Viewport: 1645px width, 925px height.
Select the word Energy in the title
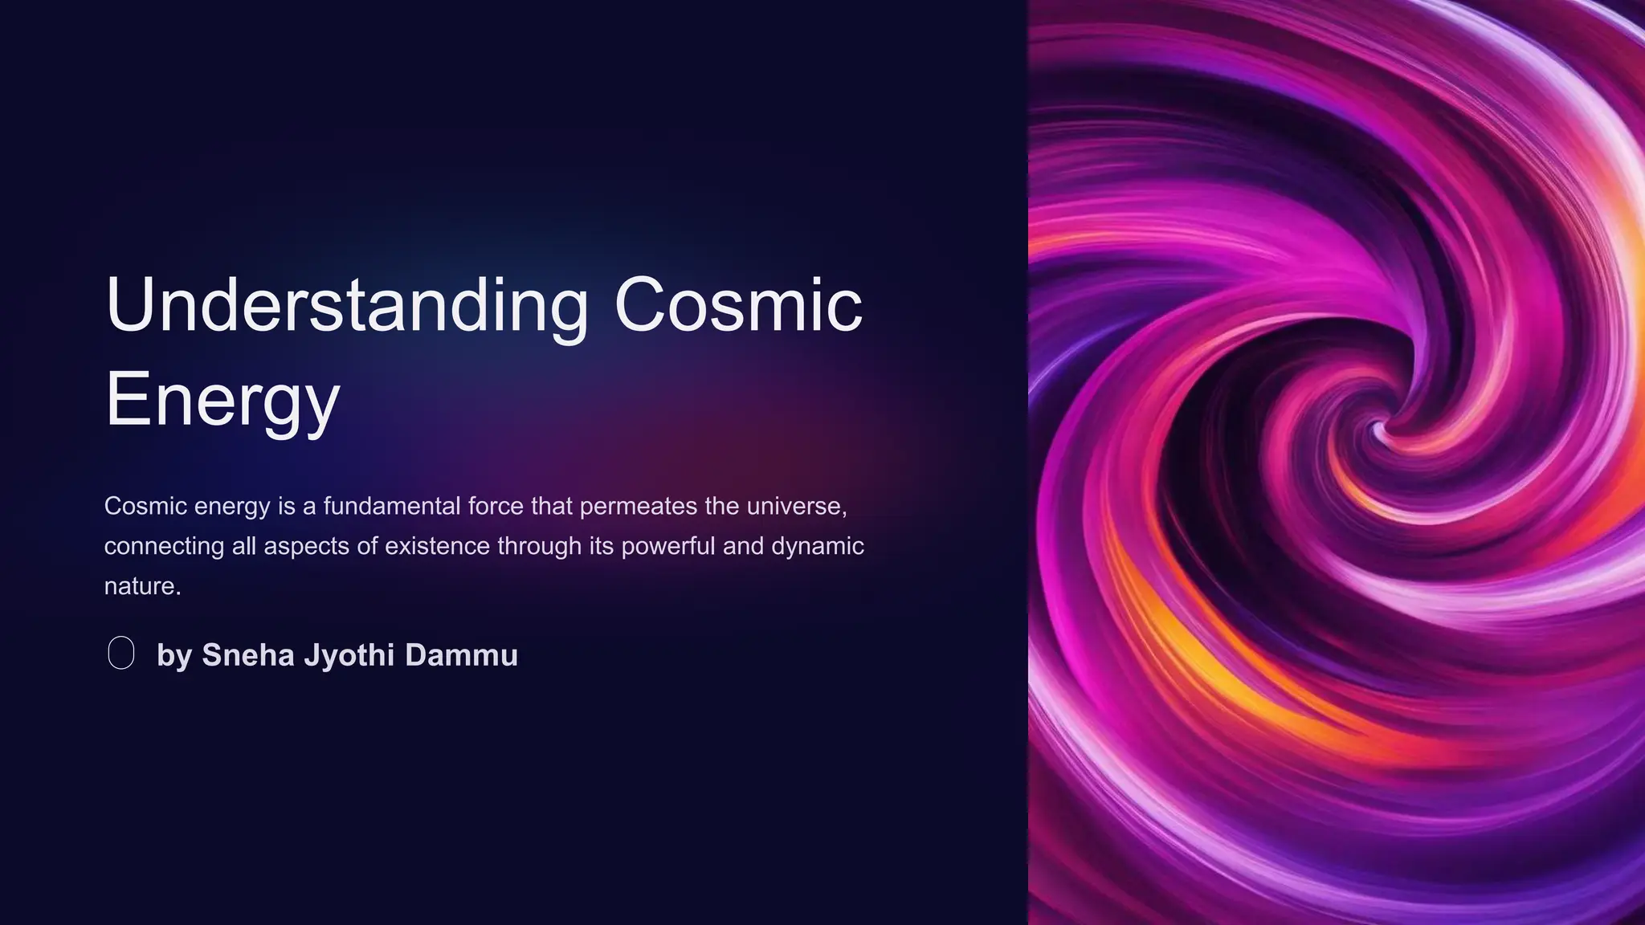[222, 401]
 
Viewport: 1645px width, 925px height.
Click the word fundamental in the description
[392, 506]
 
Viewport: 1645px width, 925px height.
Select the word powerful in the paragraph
[667, 546]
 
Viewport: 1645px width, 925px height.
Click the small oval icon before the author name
[121, 653]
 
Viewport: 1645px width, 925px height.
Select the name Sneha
[248, 655]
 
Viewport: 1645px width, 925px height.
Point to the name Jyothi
[349, 655]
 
